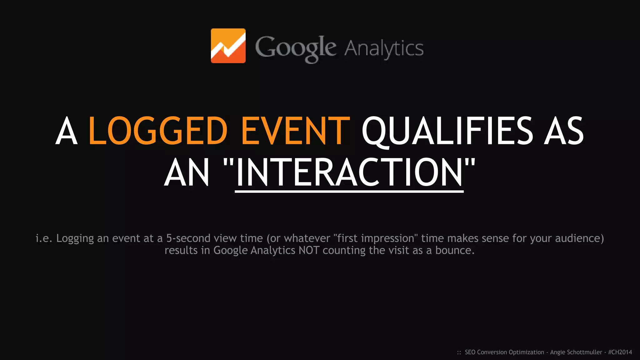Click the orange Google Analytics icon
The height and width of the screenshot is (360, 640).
pyautogui.click(x=228, y=46)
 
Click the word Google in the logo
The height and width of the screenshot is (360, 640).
pyautogui.click(x=295, y=48)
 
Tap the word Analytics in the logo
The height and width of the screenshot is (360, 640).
pyautogui.click(x=384, y=48)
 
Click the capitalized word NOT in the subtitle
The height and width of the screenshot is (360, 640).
pyautogui.click(x=309, y=250)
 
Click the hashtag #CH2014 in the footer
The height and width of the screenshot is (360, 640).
pyautogui.click(x=620, y=352)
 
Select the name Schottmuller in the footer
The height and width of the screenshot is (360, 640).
pyautogui.click(x=585, y=352)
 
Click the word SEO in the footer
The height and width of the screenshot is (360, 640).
pyautogui.click(x=470, y=352)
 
